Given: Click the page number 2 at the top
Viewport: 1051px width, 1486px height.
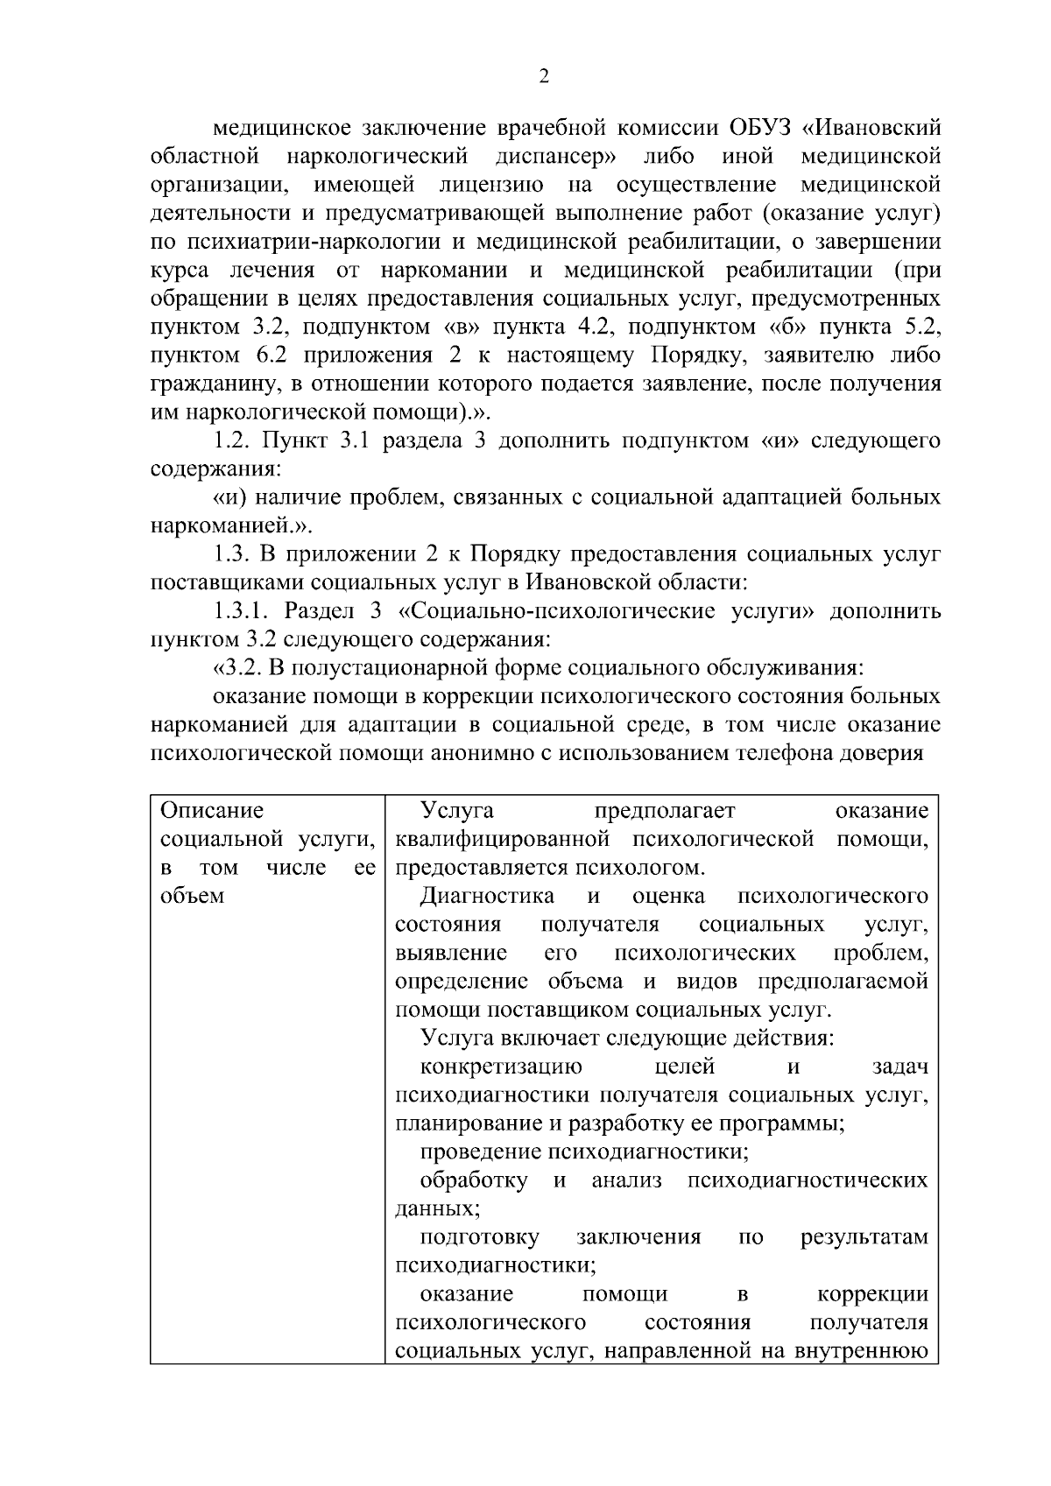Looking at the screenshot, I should (x=544, y=77).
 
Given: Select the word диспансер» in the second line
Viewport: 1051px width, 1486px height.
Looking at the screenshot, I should (x=555, y=157).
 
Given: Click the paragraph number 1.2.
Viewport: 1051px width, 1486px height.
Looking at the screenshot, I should (x=236, y=440).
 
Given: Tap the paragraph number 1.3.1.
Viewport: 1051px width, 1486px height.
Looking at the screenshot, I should (x=247, y=611).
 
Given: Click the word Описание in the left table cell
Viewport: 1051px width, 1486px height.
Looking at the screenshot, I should (x=212, y=811).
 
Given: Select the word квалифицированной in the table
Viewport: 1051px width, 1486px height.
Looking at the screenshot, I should (x=502, y=839).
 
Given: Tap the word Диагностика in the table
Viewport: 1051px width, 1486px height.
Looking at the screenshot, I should (x=487, y=896).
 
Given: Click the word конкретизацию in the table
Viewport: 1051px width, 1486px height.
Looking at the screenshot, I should (x=501, y=1067).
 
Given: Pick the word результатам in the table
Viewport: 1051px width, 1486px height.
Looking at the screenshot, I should (x=864, y=1237).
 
